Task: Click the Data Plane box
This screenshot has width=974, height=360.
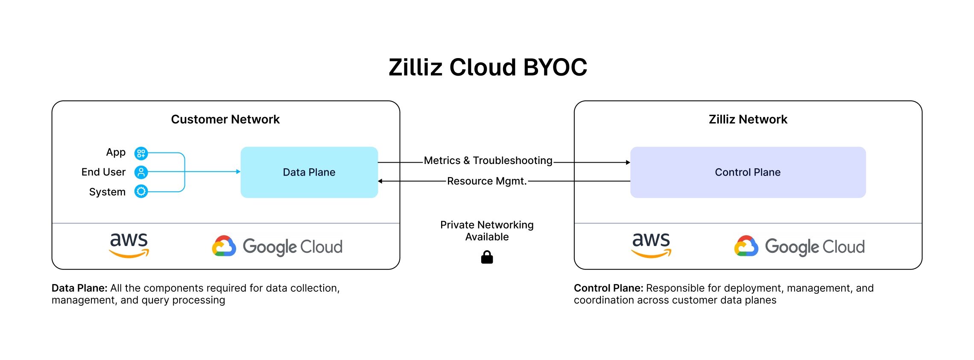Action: [309, 172]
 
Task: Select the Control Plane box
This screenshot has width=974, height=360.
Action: [748, 172]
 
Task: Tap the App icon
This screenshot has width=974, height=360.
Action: [141, 153]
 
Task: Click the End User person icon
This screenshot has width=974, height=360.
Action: [141, 172]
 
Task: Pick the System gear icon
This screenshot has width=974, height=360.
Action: [141, 191]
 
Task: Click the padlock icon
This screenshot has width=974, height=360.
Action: [487, 257]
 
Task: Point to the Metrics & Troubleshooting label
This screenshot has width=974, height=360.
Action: [488, 161]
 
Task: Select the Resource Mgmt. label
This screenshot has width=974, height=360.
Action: [487, 181]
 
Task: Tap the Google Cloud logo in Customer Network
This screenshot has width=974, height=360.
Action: [278, 246]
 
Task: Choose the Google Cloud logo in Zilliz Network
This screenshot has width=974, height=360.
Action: [799, 246]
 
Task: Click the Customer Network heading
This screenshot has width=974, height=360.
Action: [225, 119]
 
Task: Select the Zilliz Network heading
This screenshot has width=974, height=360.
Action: [748, 119]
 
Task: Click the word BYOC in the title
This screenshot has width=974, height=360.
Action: [555, 67]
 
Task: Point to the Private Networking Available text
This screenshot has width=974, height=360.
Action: [487, 231]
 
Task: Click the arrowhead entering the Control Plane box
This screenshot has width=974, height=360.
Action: [628, 162]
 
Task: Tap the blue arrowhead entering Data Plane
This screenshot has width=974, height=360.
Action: [238, 172]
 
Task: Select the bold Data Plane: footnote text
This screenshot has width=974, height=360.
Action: [79, 288]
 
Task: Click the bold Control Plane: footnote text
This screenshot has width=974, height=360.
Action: [608, 288]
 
